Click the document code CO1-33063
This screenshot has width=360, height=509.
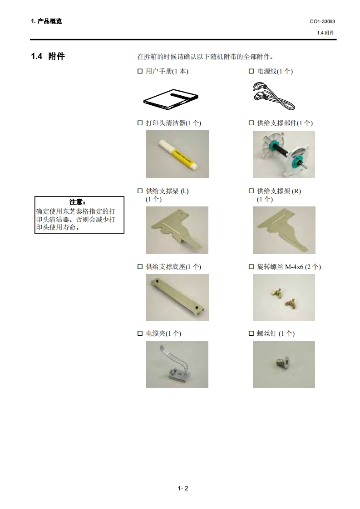coord(322,21)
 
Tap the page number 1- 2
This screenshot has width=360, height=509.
coord(183,488)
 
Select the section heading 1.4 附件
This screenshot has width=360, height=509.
coord(48,56)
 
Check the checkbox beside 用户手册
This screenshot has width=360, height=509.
coord(140,71)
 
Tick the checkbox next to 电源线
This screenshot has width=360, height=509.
coord(251,71)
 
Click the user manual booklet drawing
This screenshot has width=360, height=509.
coord(171,99)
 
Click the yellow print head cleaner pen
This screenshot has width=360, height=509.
coord(178,155)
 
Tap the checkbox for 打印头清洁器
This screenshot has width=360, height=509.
coord(140,122)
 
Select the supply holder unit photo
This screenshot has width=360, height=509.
coord(284,155)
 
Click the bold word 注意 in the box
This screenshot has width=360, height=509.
coord(78,202)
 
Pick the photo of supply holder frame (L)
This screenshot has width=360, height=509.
coord(177,230)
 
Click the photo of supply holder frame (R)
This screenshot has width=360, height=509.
coord(284,230)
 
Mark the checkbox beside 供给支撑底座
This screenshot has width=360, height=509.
coord(140,266)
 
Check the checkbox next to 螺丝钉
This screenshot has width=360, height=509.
coord(251,333)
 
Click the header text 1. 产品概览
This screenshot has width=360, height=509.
coord(46,21)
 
